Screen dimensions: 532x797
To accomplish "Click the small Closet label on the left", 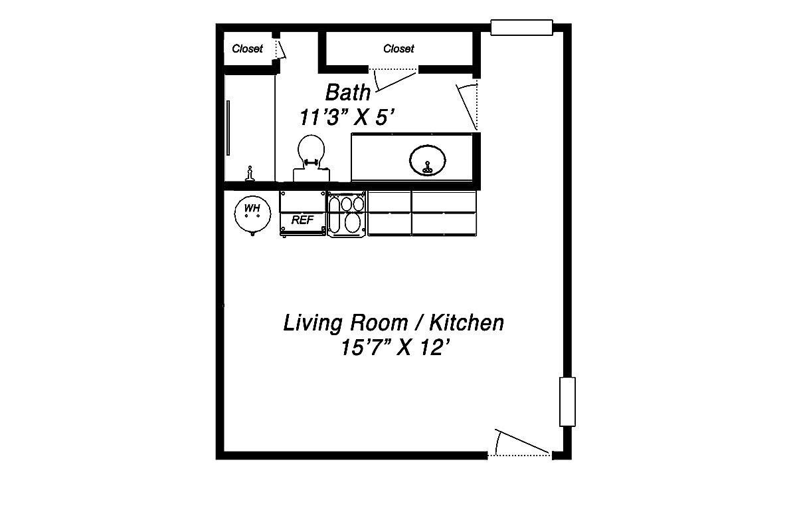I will (247, 49).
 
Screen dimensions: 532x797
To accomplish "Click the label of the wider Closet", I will (398, 49).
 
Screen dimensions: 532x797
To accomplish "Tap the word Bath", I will (347, 92).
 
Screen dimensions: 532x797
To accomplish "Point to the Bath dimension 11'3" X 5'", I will (347, 117).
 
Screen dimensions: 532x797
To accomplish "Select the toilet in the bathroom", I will (311, 152).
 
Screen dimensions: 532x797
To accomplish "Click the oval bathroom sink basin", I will (428, 160).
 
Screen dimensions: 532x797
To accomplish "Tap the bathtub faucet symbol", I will (250, 173).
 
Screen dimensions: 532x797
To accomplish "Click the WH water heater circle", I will (252, 211).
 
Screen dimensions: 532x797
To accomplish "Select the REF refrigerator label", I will (302, 220).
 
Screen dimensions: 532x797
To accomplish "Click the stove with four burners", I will (347, 213).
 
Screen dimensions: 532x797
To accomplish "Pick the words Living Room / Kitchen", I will (393, 323).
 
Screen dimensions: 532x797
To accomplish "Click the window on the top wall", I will (521, 27).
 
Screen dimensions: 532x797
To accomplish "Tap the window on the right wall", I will (567, 402).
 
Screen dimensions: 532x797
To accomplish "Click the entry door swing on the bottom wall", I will (521, 446).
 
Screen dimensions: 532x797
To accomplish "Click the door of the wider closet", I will (396, 78).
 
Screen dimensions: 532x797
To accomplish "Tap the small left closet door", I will (280, 49).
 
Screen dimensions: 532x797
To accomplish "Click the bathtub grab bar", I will (228, 128).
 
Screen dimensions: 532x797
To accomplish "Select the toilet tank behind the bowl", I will (311, 174).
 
